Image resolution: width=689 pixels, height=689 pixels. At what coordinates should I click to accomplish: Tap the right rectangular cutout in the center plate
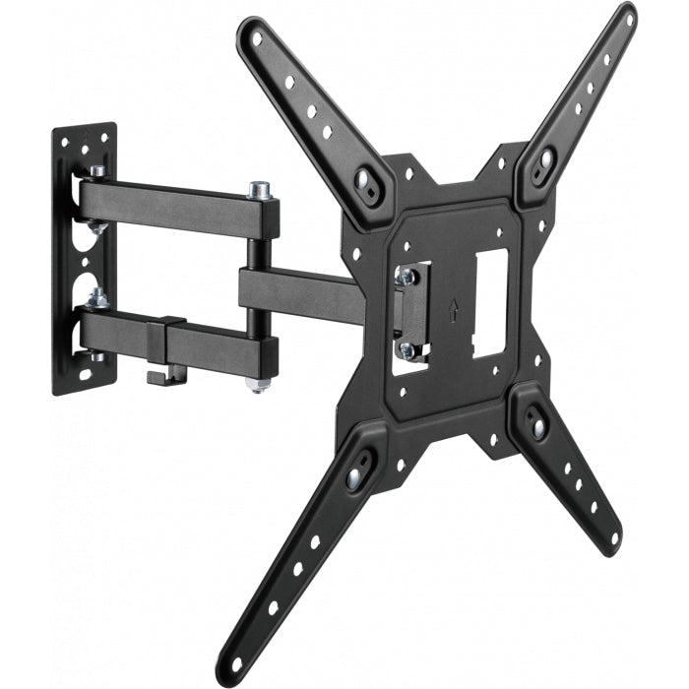489,300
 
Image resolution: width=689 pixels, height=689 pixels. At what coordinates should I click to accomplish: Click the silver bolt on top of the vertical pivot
260,187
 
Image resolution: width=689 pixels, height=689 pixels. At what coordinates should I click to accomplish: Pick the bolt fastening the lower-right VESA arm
537,426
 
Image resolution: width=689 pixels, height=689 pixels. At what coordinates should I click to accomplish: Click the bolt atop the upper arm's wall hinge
96,172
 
